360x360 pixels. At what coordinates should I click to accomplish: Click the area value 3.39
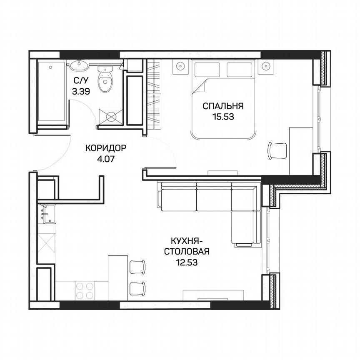80,92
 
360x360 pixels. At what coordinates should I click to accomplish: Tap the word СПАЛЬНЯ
223,106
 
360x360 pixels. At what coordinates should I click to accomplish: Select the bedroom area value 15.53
223,117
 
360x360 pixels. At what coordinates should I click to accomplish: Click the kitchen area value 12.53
186,262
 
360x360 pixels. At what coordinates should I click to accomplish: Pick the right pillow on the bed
240,69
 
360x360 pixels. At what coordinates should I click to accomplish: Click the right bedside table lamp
267,66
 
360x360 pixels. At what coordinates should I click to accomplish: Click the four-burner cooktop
85,290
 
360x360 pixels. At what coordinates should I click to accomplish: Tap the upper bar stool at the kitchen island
137,266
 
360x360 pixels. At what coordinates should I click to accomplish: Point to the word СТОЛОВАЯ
186,252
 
